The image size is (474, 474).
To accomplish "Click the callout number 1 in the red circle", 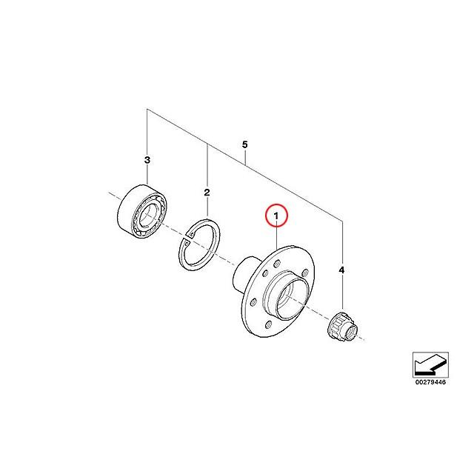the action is tap(276, 216).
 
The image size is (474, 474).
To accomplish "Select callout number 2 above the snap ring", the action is tap(207, 193).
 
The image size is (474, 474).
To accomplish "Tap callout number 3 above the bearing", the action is tap(147, 160).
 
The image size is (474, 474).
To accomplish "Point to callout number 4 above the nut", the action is tap(341, 270).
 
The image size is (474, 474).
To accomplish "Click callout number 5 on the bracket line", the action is tap(245, 144).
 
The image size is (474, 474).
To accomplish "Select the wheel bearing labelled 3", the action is tap(142, 211).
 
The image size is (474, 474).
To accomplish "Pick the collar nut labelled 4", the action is tap(343, 327).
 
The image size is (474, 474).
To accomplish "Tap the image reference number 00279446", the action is tap(430, 382).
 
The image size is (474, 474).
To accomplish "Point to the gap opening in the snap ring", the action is tap(187, 238).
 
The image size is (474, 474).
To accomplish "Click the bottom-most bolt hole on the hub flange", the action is tap(268, 324).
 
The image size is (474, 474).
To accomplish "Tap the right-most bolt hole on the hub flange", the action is tap(305, 273).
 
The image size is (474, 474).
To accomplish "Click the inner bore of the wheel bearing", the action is tap(148, 214).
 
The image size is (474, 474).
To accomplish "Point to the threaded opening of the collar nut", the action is tap(352, 333).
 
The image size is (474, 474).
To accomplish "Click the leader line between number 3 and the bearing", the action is tap(147, 175).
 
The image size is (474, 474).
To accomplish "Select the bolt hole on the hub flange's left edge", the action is tap(253, 302).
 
